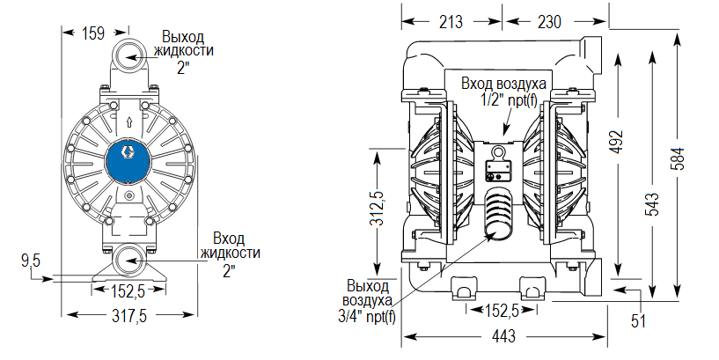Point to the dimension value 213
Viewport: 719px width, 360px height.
pos(450,20)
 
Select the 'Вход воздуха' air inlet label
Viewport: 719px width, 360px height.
pos(504,84)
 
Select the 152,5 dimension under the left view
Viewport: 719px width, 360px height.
pos(129,291)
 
